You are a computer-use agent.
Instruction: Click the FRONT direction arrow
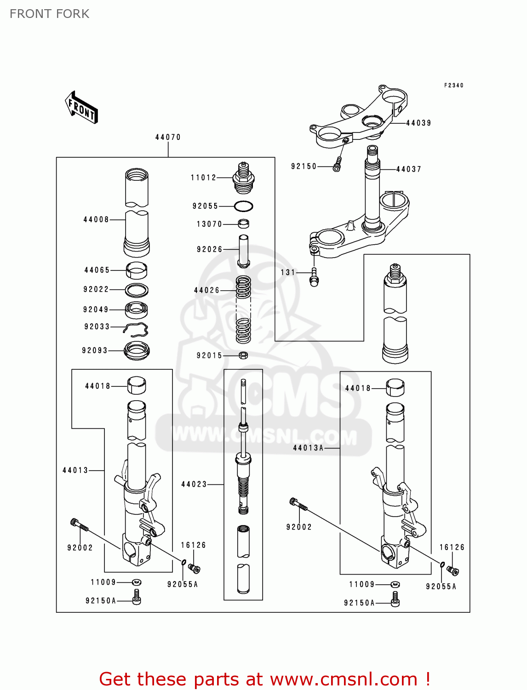click(x=81, y=108)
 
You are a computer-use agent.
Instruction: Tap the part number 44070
click(x=168, y=137)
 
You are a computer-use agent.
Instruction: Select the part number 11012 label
click(x=203, y=178)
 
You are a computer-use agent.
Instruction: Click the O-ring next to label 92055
click(x=243, y=206)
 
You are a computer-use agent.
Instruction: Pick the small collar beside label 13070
click(x=243, y=224)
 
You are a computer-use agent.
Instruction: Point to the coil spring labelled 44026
click(x=243, y=309)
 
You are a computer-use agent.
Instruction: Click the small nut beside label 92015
click(x=244, y=355)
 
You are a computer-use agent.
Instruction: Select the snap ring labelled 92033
click(x=137, y=329)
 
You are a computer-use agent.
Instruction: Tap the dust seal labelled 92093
click(x=137, y=351)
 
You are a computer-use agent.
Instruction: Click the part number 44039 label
click(x=418, y=123)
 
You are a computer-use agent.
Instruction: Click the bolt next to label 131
click(x=314, y=277)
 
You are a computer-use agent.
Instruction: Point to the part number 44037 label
click(x=408, y=169)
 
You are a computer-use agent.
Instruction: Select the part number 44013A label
click(x=308, y=448)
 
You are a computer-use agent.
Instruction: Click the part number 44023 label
click(x=194, y=484)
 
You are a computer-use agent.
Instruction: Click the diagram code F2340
click(x=453, y=85)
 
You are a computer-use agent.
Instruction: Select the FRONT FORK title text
click(x=50, y=14)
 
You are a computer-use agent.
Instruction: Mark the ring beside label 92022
click(x=137, y=290)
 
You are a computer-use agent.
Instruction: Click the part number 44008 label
click(x=96, y=219)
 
